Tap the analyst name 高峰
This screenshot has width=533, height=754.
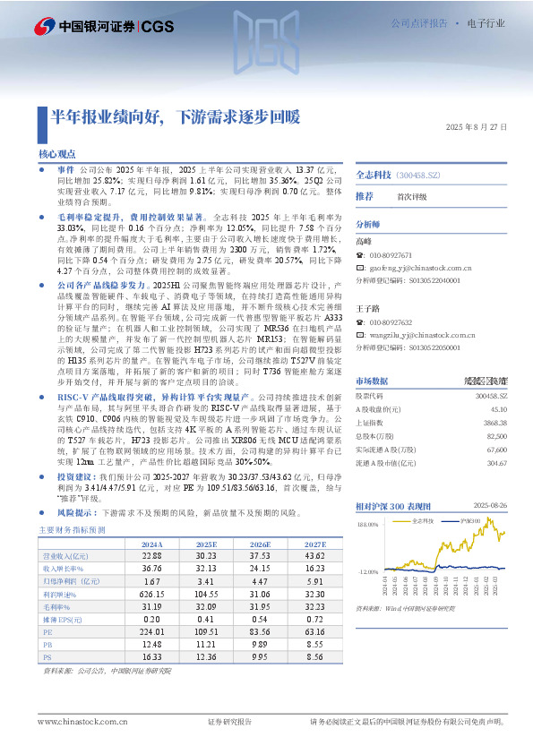364,242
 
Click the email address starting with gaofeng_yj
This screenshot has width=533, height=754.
420,267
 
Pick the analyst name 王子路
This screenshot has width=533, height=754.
367,307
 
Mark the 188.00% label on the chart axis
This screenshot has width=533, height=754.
367,500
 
